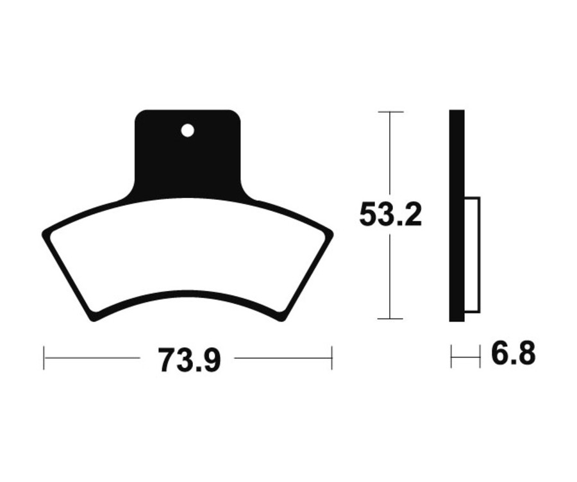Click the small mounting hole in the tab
(187, 131)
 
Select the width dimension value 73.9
(189, 360)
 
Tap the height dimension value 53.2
(390, 215)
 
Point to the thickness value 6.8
(513, 354)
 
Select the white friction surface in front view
(187, 256)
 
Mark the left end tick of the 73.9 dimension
(44, 358)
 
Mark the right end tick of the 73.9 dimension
(331, 358)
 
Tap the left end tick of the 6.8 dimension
(451, 356)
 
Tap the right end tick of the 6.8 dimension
(480, 356)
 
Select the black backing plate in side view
(456, 215)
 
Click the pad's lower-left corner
(94, 319)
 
